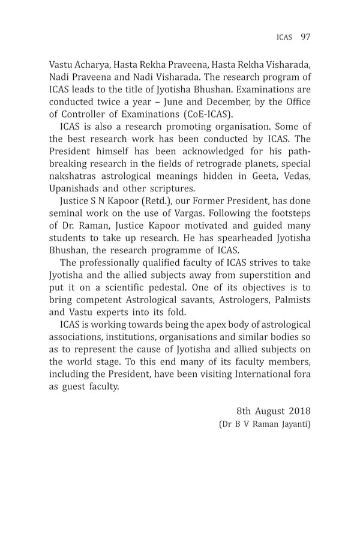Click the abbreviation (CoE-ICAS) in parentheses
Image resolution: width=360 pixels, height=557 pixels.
click(208, 113)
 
